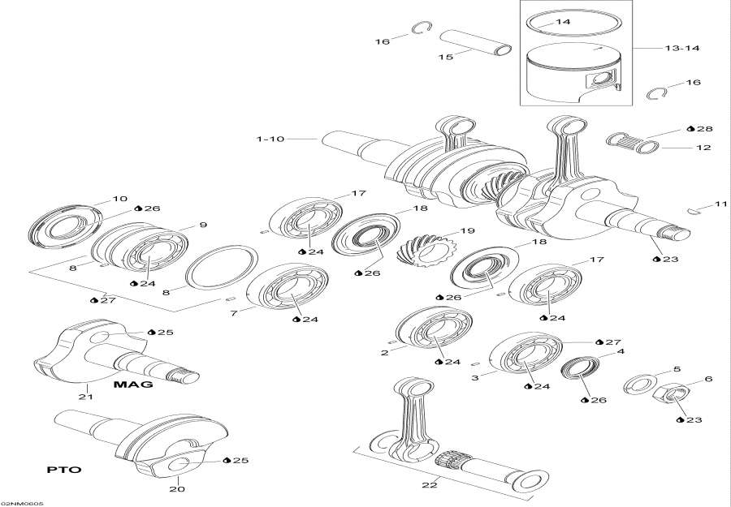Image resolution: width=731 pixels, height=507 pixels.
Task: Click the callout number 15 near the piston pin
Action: [x=445, y=57]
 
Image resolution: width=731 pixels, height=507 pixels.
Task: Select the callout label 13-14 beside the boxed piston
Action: [x=682, y=49]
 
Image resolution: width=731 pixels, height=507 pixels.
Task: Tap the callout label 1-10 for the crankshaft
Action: [x=270, y=139]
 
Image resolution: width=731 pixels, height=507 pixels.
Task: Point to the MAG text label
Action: [x=133, y=384]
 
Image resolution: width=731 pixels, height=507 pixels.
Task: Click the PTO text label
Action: [x=63, y=470]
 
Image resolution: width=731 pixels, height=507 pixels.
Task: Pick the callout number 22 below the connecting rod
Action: [x=430, y=485]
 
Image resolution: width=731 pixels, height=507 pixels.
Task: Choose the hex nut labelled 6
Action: [x=669, y=397]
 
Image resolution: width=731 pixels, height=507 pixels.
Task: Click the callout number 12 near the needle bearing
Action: [x=703, y=148]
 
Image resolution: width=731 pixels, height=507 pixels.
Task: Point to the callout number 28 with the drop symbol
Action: [x=703, y=129]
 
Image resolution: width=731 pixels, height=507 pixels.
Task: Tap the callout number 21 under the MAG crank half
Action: [x=85, y=397]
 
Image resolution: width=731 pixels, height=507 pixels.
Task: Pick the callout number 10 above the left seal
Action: [x=119, y=199]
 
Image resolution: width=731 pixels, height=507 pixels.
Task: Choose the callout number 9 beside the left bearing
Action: [x=203, y=225]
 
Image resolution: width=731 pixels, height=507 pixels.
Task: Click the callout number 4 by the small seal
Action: [x=621, y=352]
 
